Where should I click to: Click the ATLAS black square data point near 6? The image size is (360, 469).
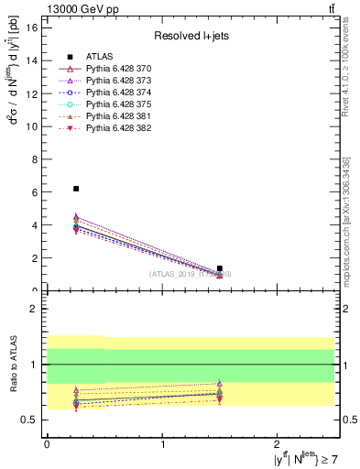tap(76, 189)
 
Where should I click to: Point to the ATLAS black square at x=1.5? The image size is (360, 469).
tap(220, 268)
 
